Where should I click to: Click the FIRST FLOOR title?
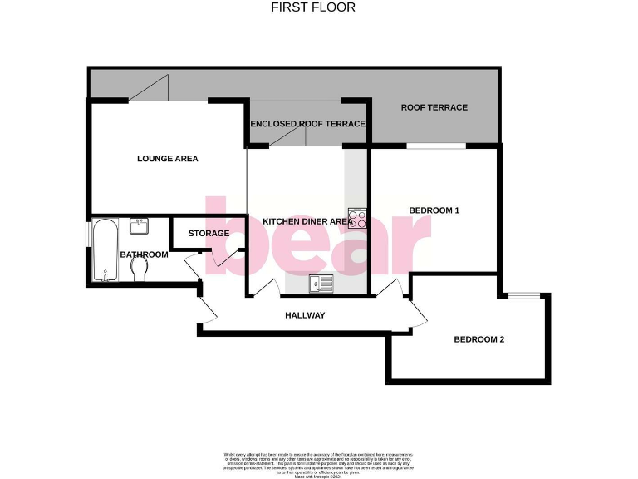coord(313,7)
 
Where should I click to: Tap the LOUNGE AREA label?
coord(168,158)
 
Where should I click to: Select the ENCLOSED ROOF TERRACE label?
coord(308,124)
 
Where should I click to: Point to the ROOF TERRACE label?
coord(434,107)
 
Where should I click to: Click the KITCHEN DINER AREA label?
coord(307,221)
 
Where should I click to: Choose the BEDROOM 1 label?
coord(434,210)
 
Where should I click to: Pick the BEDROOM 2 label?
coord(478,339)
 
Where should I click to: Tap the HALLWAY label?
coord(305,315)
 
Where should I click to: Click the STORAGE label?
coord(208,234)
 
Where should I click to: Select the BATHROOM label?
coord(144,254)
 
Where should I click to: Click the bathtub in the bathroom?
coord(104,250)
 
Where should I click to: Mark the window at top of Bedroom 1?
coord(435,146)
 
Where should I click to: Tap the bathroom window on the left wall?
coord(89,235)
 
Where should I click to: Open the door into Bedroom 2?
coord(415,312)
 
